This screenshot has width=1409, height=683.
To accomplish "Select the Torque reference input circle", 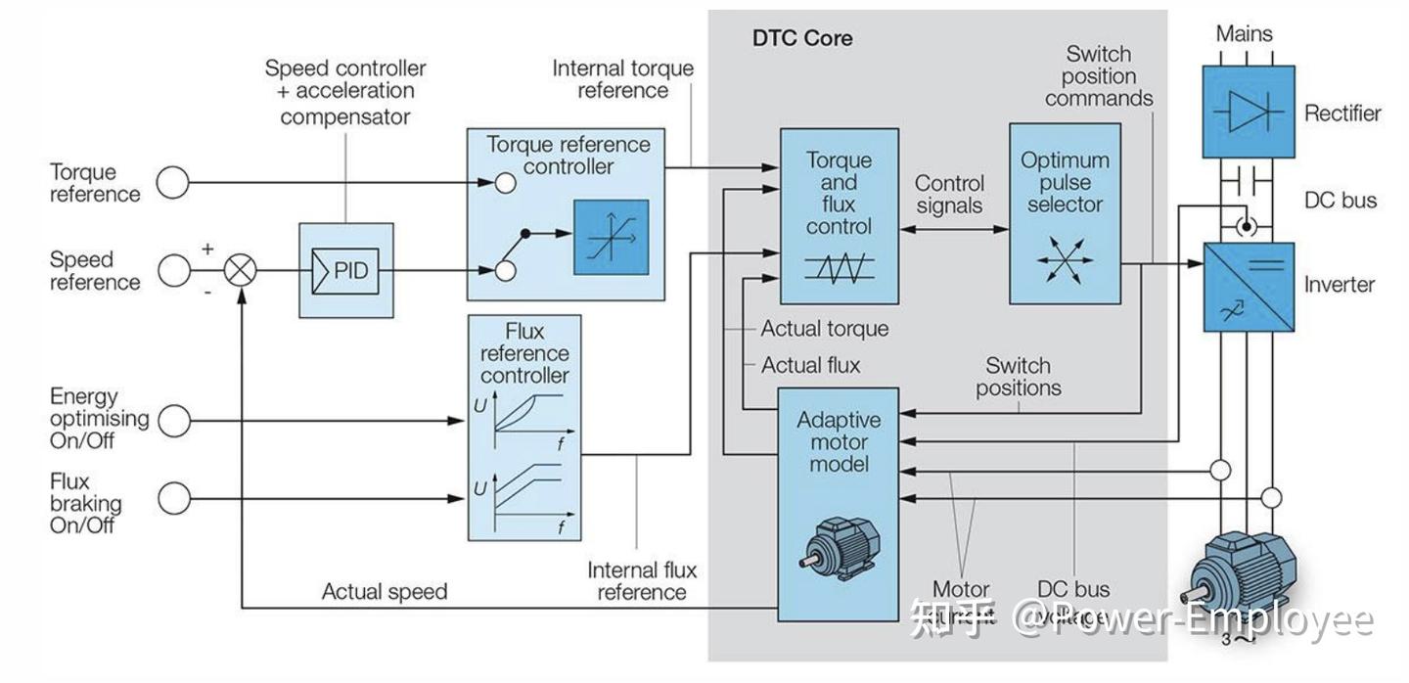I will pyautogui.click(x=173, y=183).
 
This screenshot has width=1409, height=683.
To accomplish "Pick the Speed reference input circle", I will pyautogui.click(x=173, y=270).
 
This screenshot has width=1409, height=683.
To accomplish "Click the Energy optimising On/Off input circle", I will pyautogui.click(x=173, y=421).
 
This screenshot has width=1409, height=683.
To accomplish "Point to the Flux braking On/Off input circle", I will pyautogui.click(x=173, y=498).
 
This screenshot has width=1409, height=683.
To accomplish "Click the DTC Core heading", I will pyautogui.click(x=801, y=39).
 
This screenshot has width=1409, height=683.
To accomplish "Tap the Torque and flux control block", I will pyautogui.click(x=839, y=215).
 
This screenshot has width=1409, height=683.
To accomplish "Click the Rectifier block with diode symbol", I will pyautogui.click(x=1248, y=113).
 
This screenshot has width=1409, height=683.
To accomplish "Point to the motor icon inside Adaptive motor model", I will pyautogui.click(x=828, y=546).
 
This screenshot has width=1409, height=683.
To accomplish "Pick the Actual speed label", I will pyautogui.click(x=384, y=592).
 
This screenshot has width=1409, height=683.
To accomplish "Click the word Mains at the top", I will pyautogui.click(x=1244, y=33).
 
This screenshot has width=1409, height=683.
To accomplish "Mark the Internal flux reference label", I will pyautogui.click(x=642, y=581).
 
